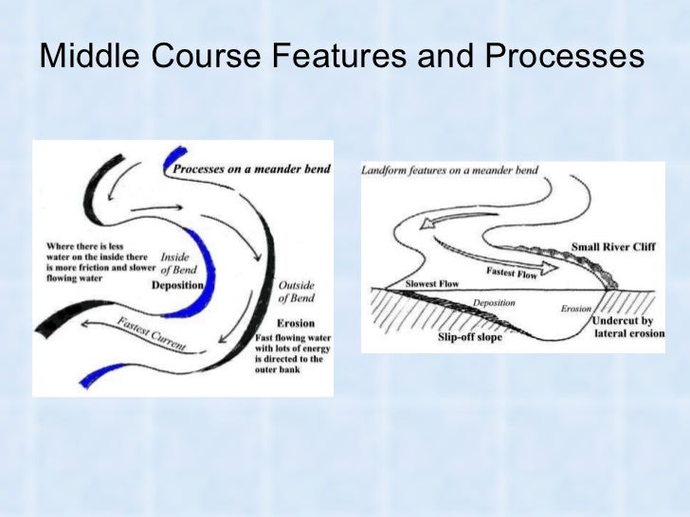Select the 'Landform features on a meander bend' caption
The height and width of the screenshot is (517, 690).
(x=449, y=170)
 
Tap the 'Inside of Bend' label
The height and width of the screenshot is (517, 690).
(x=177, y=262)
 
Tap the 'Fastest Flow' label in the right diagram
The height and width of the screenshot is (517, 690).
(x=514, y=273)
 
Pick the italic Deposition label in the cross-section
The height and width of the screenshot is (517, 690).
(x=493, y=303)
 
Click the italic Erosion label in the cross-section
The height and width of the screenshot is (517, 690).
(x=576, y=309)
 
